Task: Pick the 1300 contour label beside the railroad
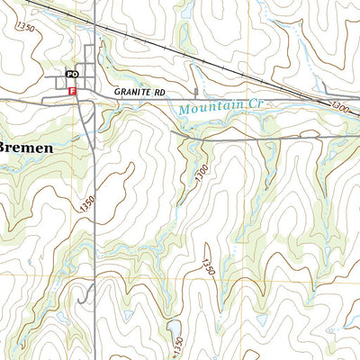pos(340,107)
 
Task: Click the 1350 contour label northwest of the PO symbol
pos(25,30)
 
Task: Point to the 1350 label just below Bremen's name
pos(87,205)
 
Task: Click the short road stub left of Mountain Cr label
pos(196,93)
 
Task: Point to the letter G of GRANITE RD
pos(117,92)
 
